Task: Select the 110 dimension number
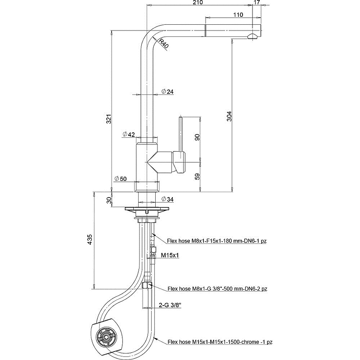[x=238, y=15]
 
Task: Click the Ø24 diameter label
[x=167, y=92]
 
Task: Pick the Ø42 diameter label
[x=129, y=135]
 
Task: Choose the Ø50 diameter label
[x=121, y=179]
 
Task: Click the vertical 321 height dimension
[x=108, y=119]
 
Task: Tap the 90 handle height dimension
[x=197, y=138]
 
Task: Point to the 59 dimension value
[x=197, y=176]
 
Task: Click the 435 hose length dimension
[x=90, y=239]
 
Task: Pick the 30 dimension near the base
[x=108, y=200]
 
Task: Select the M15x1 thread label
[x=171, y=256]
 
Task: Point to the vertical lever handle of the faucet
[x=181, y=135]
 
